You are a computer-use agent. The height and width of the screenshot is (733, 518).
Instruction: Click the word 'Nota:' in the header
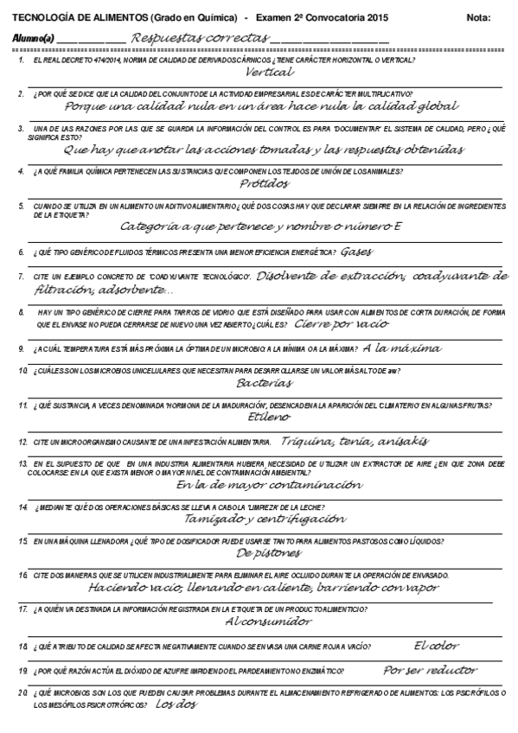pos(477,18)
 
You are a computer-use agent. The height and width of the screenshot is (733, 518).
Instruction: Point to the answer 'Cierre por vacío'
pos(341,324)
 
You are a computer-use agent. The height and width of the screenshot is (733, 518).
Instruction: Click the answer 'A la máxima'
pos(402,348)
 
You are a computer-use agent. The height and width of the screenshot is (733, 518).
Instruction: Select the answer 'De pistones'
pos(268,552)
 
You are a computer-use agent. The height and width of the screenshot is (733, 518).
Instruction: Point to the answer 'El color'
pos(436,645)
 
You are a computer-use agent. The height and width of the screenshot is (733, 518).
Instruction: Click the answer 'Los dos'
pos(176,704)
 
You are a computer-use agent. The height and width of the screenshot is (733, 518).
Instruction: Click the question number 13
pos(22,464)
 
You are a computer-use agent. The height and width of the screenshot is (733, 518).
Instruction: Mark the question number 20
pos(22,693)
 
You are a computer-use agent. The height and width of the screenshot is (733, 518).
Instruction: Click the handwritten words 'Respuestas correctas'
pos(197,38)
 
